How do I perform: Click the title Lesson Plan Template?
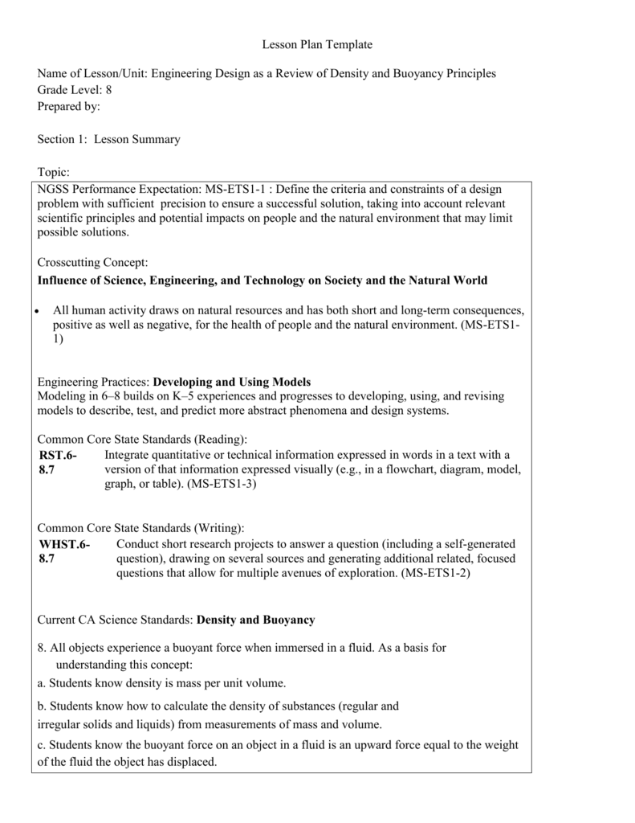[317, 44]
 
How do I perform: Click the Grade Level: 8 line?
[73, 89]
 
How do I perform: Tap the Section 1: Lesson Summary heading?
[109, 139]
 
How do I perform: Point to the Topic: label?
[54, 172]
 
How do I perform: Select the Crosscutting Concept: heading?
[93, 263]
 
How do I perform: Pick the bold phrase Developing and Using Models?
[231, 381]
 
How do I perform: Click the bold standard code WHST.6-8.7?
[64, 551]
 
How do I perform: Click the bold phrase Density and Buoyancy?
[256, 620]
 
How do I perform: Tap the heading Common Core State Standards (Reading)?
[142, 439]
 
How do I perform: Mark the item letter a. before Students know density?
[42, 683]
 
